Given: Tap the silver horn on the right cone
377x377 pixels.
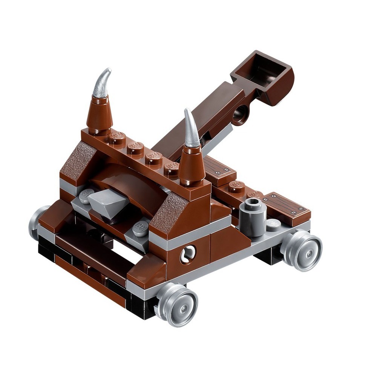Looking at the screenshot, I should [x=192, y=130].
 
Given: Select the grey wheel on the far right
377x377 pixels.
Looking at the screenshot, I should [x=302, y=249].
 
